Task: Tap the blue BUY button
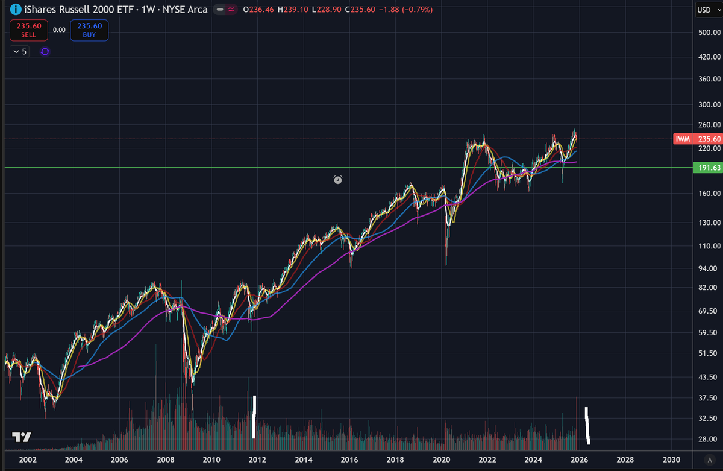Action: click(x=89, y=30)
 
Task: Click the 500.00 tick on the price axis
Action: click(x=709, y=32)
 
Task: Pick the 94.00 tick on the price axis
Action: click(x=709, y=268)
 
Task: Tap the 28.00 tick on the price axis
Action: click(x=709, y=439)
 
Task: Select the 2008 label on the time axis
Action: click(x=166, y=460)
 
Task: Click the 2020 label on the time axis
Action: click(x=442, y=460)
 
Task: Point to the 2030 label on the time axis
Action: click(x=671, y=460)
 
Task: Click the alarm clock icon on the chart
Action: click(x=338, y=180)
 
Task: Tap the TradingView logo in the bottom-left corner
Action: click(x=22, y=437)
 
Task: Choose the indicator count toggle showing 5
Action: click(x=20, y=52)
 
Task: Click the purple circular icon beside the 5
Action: click(x=45, y=52)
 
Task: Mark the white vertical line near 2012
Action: click(x=254, y=417)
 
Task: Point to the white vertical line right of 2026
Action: click(x=587, y=426)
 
